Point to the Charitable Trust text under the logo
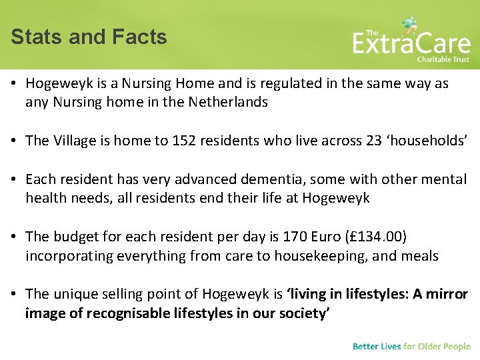coord(443,59)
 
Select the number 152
coord(184,141)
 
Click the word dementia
coord(254,179)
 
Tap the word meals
coord(419,256)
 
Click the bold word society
coord(301,313)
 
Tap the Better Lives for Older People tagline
coord(411,347)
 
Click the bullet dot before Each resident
coord(15,179)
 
